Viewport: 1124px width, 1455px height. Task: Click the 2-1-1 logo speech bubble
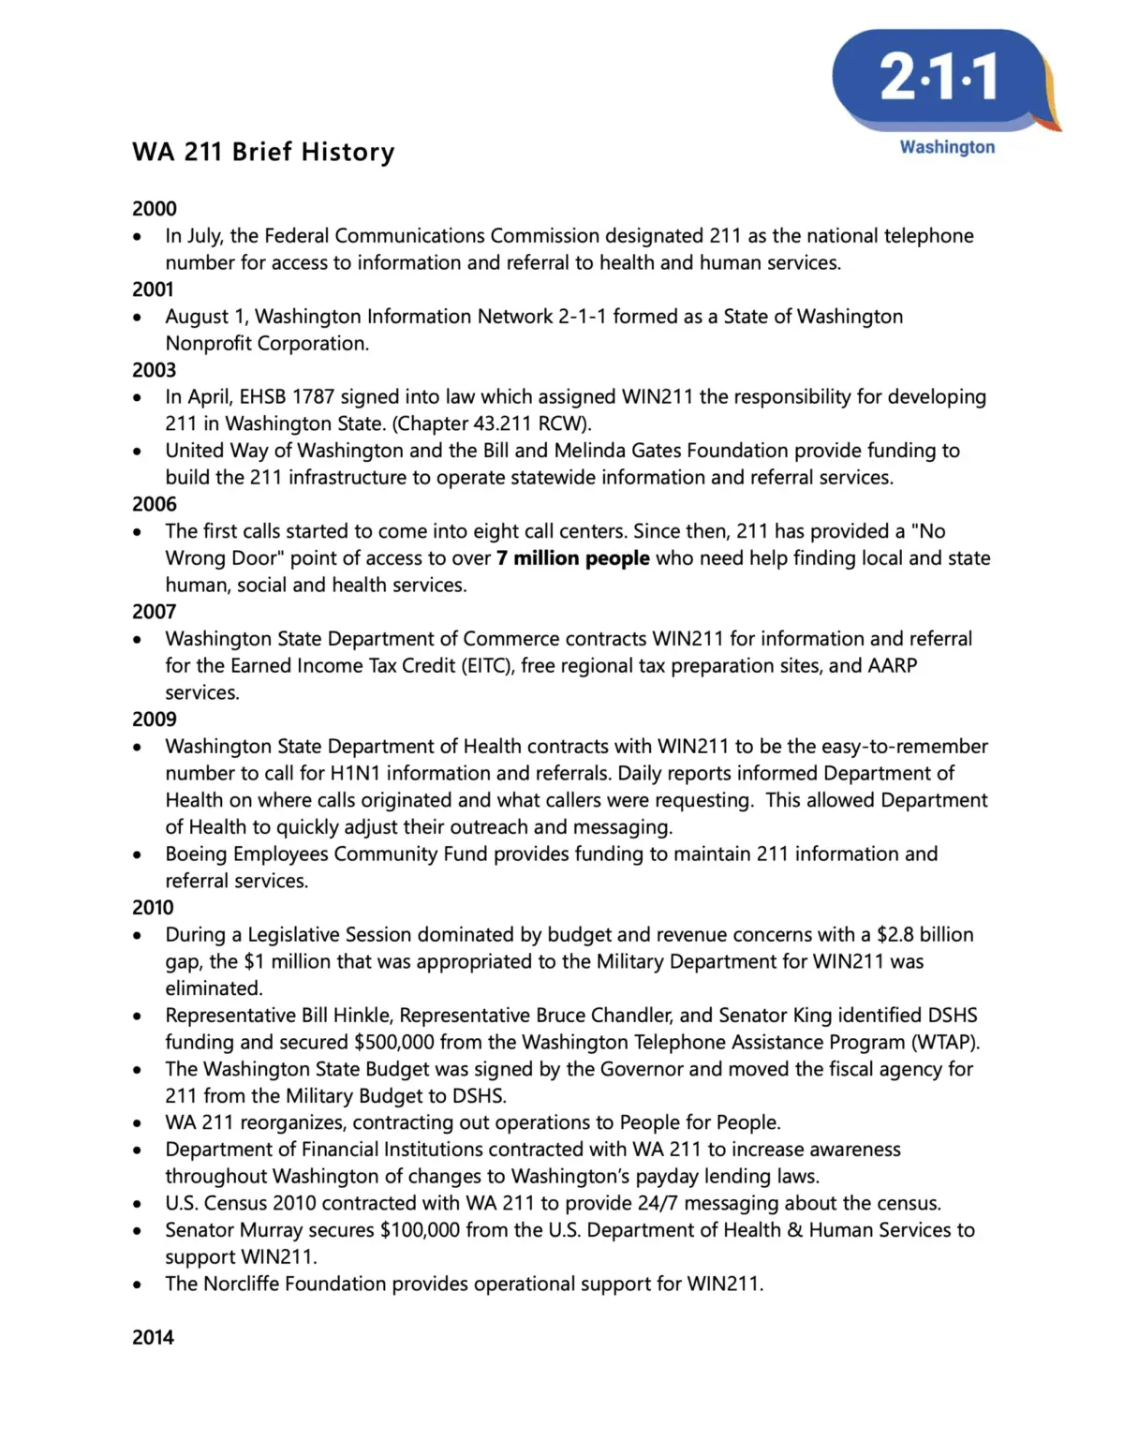(x=939, y=79)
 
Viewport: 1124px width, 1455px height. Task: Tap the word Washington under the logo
(x=947, y=147)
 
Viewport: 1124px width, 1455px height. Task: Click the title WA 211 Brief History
(x=263, y=152)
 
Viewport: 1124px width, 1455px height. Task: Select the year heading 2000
(x=155, y=208)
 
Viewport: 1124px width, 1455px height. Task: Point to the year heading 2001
(x=153, y=289)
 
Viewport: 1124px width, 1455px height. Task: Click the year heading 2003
(x=154, y=369)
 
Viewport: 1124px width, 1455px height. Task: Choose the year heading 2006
(x=155, y=503)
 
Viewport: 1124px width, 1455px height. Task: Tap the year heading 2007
(x=154, y=611)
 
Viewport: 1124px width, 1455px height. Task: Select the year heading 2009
(x=155, y=719)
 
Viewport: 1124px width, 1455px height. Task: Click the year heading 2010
(x=153, y=907)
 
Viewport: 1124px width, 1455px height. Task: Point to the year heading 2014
(x=153, y=1337)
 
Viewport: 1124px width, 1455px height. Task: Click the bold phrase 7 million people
(x=572, y=558)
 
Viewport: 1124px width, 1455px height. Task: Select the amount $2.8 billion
(x=924, y=934)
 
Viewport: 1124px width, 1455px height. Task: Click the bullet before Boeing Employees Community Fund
(x=138, y=854)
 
